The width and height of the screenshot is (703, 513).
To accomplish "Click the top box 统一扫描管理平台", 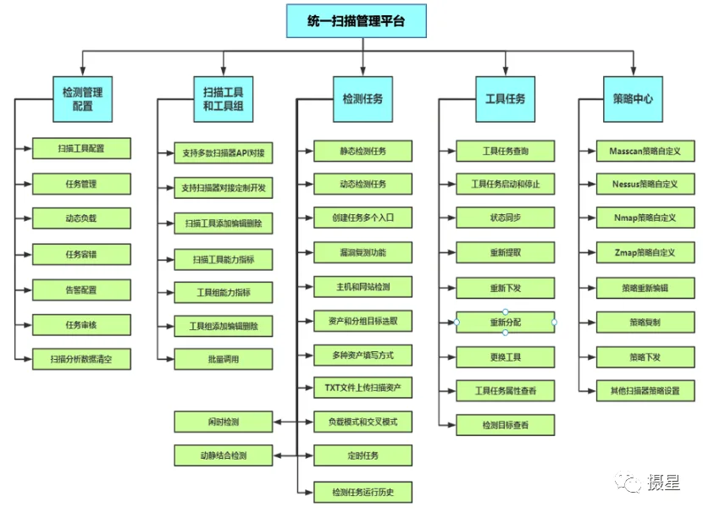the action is [357, 21].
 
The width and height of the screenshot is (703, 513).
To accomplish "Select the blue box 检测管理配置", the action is [82, 99].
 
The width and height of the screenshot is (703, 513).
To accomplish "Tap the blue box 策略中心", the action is [633, 99].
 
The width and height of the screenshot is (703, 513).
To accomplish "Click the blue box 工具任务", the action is [506, 99].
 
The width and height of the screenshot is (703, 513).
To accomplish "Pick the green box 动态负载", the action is [81, 218].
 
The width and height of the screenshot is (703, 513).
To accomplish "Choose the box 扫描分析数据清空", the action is [81, 359].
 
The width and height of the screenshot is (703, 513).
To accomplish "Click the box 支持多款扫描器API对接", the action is [224, 152].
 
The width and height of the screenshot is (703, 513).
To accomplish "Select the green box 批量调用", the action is [224, 359].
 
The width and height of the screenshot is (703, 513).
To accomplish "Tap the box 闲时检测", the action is [224, 422].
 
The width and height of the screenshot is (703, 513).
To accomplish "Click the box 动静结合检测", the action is [224, 455].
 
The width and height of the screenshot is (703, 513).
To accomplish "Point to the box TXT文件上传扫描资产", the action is [363, 388].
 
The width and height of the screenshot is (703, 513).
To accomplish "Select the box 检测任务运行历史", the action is [363, 493].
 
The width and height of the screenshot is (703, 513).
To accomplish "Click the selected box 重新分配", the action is [506, 323].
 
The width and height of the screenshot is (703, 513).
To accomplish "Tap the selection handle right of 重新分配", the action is [555, 323].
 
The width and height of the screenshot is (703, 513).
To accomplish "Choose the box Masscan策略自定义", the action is [645, 151].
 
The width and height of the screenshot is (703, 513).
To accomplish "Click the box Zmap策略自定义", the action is [645, 252].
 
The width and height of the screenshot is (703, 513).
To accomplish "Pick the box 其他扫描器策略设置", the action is [645, 391].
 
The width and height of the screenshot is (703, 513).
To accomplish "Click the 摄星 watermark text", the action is [664, 482].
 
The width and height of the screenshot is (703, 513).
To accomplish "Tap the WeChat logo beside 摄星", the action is [628, 483].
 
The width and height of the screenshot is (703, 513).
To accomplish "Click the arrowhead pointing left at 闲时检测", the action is [278, 422].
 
